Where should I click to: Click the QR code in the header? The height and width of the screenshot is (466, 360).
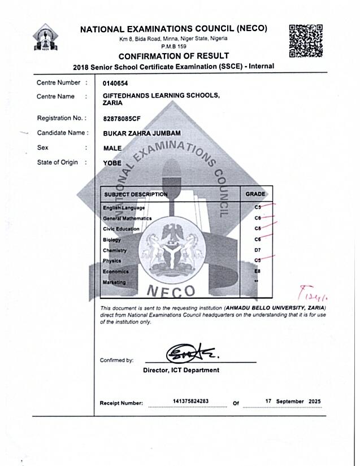[306, 41]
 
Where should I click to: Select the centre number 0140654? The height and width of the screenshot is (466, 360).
[115, 83]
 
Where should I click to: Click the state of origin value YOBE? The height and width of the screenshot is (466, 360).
[112, 163]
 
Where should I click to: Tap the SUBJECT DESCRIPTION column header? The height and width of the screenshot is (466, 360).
[136, 194]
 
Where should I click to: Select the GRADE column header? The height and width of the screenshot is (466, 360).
[255, 194]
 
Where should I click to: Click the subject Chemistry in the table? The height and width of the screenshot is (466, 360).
[115, 250]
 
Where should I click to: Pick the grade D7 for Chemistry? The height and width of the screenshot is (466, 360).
[257, 250]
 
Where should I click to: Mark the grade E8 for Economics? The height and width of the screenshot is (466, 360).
[257, 271]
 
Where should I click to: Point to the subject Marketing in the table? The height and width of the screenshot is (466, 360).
[114, 282]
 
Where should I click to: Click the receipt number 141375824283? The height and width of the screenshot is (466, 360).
[190, 401]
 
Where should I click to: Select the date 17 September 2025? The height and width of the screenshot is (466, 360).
[293, 401]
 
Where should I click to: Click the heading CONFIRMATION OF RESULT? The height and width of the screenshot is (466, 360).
[174, 56]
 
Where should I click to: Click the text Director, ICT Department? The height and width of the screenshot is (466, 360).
[181, 371]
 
